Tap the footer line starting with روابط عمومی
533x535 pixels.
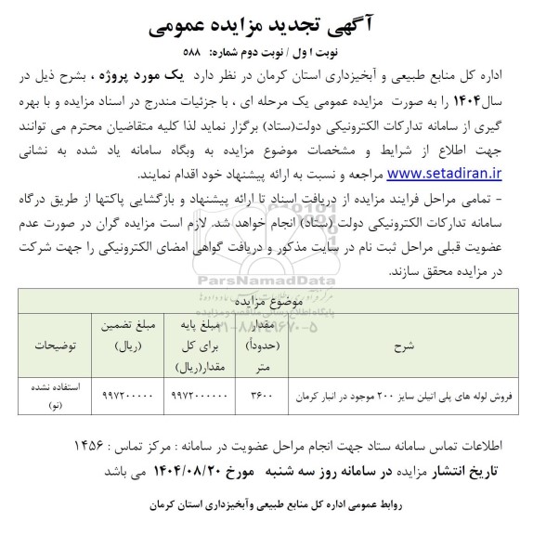266,509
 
